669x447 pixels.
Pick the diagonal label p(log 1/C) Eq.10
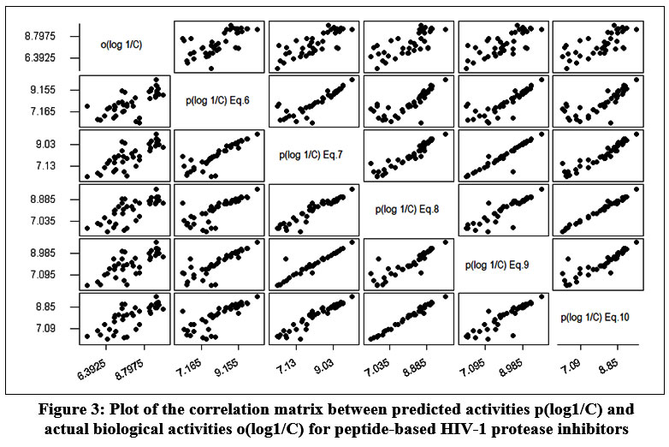[595, 318]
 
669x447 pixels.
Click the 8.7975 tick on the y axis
[41, 37]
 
